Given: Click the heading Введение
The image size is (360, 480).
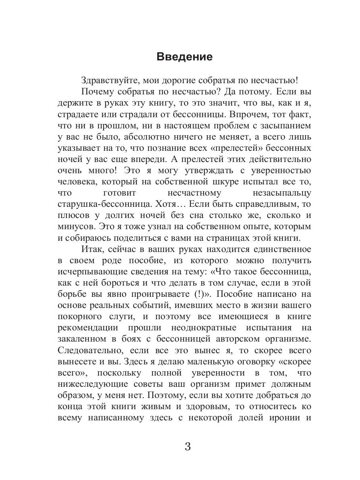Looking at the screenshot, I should [184, 56].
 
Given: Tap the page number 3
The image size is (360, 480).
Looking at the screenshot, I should [188, 446].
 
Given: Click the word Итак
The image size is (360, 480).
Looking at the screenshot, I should [92, 250].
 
